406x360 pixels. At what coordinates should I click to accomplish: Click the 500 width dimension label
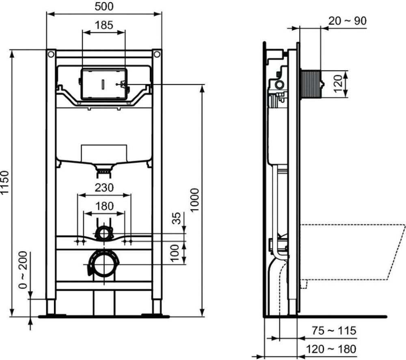click(104, 6)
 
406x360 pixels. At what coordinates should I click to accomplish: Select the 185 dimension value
click(104, 25)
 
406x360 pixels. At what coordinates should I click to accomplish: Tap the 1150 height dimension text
click(5, 182)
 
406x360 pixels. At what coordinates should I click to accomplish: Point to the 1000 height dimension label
click(194, 200)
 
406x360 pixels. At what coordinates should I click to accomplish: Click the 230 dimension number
click(104, 187)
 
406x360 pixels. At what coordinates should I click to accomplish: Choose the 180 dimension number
click(104, 206)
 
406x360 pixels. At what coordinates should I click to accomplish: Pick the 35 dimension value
click(176, 218)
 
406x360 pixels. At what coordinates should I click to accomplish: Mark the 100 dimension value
click(175, 253)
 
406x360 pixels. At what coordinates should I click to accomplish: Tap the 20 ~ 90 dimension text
click(348, 21)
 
